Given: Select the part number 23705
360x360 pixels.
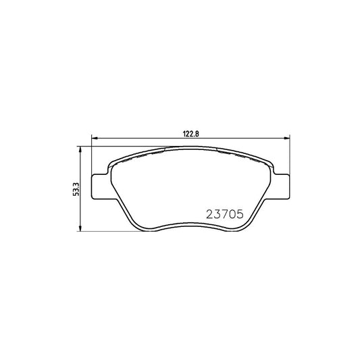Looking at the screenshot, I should (222, 215).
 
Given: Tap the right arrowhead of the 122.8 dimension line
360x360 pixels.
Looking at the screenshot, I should (288, 139).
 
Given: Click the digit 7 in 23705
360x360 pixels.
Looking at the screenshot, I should (222, 215).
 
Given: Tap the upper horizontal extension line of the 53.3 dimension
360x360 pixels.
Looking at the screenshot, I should (101, 147).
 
